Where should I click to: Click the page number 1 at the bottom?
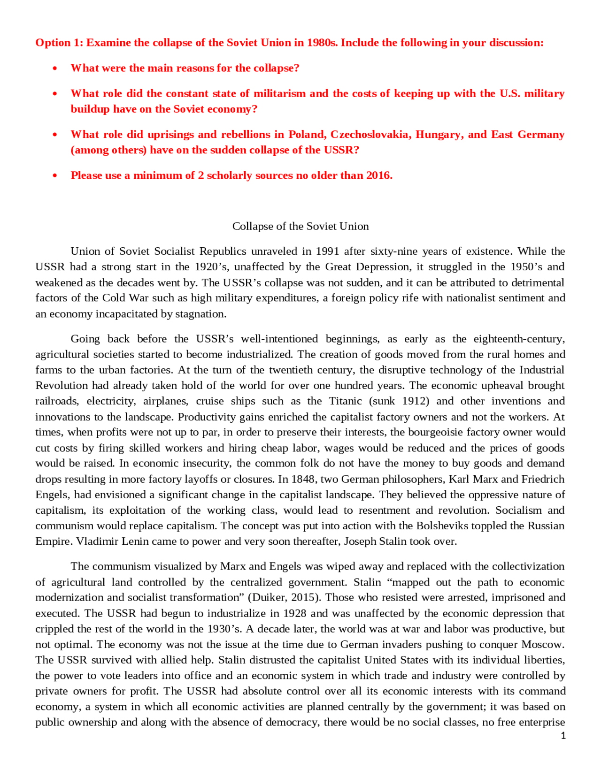click(563, 736)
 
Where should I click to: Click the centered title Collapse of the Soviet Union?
click(300, 226)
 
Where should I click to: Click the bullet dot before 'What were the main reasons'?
click(55, 69)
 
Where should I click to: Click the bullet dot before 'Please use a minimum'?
click(55, 176)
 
